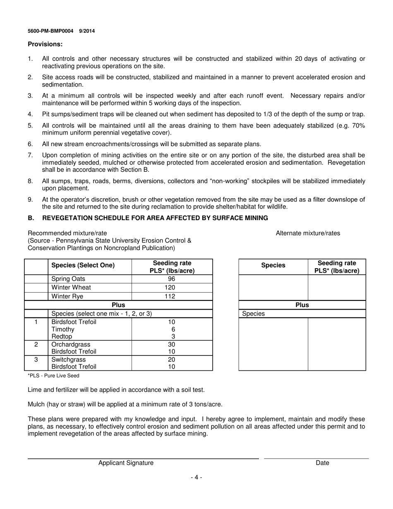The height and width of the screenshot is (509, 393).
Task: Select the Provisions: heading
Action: tap(45, 44)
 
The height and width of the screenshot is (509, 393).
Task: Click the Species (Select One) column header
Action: tap(83, 265)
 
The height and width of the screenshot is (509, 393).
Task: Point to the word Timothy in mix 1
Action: tap(63, 329)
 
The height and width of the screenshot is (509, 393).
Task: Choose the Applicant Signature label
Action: tap(126, 463)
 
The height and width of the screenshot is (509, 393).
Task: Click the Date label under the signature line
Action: tap(322, 463)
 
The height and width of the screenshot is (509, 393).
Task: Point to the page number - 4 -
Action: tap(196, 478)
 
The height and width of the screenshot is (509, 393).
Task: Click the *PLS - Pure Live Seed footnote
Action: tap(53, 376)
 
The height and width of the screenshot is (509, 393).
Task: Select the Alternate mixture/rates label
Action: tap(308, 233)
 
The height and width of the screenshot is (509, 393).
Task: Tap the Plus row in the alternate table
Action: tap(302, 305)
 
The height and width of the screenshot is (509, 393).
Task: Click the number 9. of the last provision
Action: tap(30, 199)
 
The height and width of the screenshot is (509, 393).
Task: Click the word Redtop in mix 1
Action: tap(62, 336)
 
